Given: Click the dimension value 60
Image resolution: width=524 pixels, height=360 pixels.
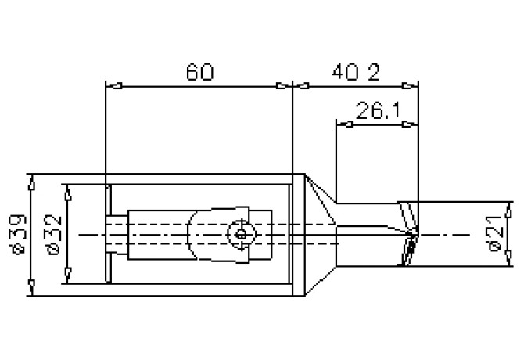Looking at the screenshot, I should point(199,73).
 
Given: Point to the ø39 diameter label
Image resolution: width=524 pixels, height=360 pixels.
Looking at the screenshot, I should point(17,234).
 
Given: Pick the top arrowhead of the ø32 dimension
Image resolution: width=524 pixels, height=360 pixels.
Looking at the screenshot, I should point(67,191).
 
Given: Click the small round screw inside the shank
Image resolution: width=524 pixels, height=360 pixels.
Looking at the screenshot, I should point(242,233).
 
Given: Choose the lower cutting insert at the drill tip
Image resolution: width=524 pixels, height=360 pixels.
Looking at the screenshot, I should point(407,252).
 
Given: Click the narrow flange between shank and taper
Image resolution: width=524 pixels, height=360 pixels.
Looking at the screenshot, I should point(296,235).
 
